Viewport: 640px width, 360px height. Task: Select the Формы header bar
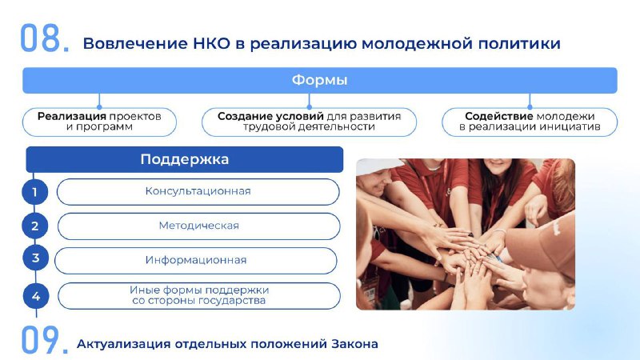[319, 80]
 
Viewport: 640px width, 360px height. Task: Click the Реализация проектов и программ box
[99, 122]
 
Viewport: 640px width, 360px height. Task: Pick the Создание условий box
[309, 122]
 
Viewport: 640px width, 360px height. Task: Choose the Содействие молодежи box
[530, 122]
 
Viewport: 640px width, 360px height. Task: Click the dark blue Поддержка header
[185, 159]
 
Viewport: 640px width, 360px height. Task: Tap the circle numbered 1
[34, 192]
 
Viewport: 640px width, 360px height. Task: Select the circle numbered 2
[34, 226]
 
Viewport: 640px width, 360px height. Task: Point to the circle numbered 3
[35, 258]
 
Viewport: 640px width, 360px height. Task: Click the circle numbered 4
[36, 296]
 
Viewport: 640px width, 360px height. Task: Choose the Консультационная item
[198, 191]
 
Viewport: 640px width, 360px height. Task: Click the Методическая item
[198, 226]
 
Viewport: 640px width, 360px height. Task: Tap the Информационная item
[196, 261]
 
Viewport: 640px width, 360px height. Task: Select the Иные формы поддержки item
[199, 295]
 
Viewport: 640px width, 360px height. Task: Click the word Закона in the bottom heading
[354, 344]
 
